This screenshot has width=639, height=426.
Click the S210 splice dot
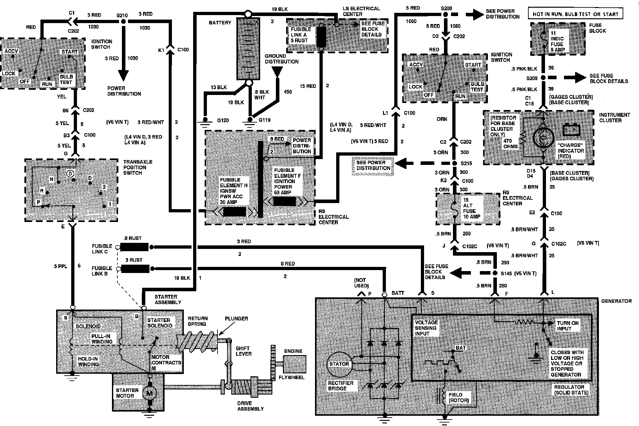(x=123, y=21)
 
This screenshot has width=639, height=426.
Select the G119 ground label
(x=264, y=120)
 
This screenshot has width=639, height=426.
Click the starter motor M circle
(x=149, y=392)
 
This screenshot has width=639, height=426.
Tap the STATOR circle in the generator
(x=339, y=364)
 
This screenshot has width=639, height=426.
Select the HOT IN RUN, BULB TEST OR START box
(x=575, y=14)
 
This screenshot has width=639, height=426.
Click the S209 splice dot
(x=543, y=78)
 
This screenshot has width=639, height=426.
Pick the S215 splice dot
(x=454, y=163)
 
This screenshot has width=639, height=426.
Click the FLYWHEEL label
(x=291, y=378)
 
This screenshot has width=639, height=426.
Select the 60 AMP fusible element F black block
(x=284, y=201)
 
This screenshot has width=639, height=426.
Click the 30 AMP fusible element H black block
(x=234, y=212)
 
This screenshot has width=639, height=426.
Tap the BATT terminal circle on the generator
(x=384, y=295)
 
